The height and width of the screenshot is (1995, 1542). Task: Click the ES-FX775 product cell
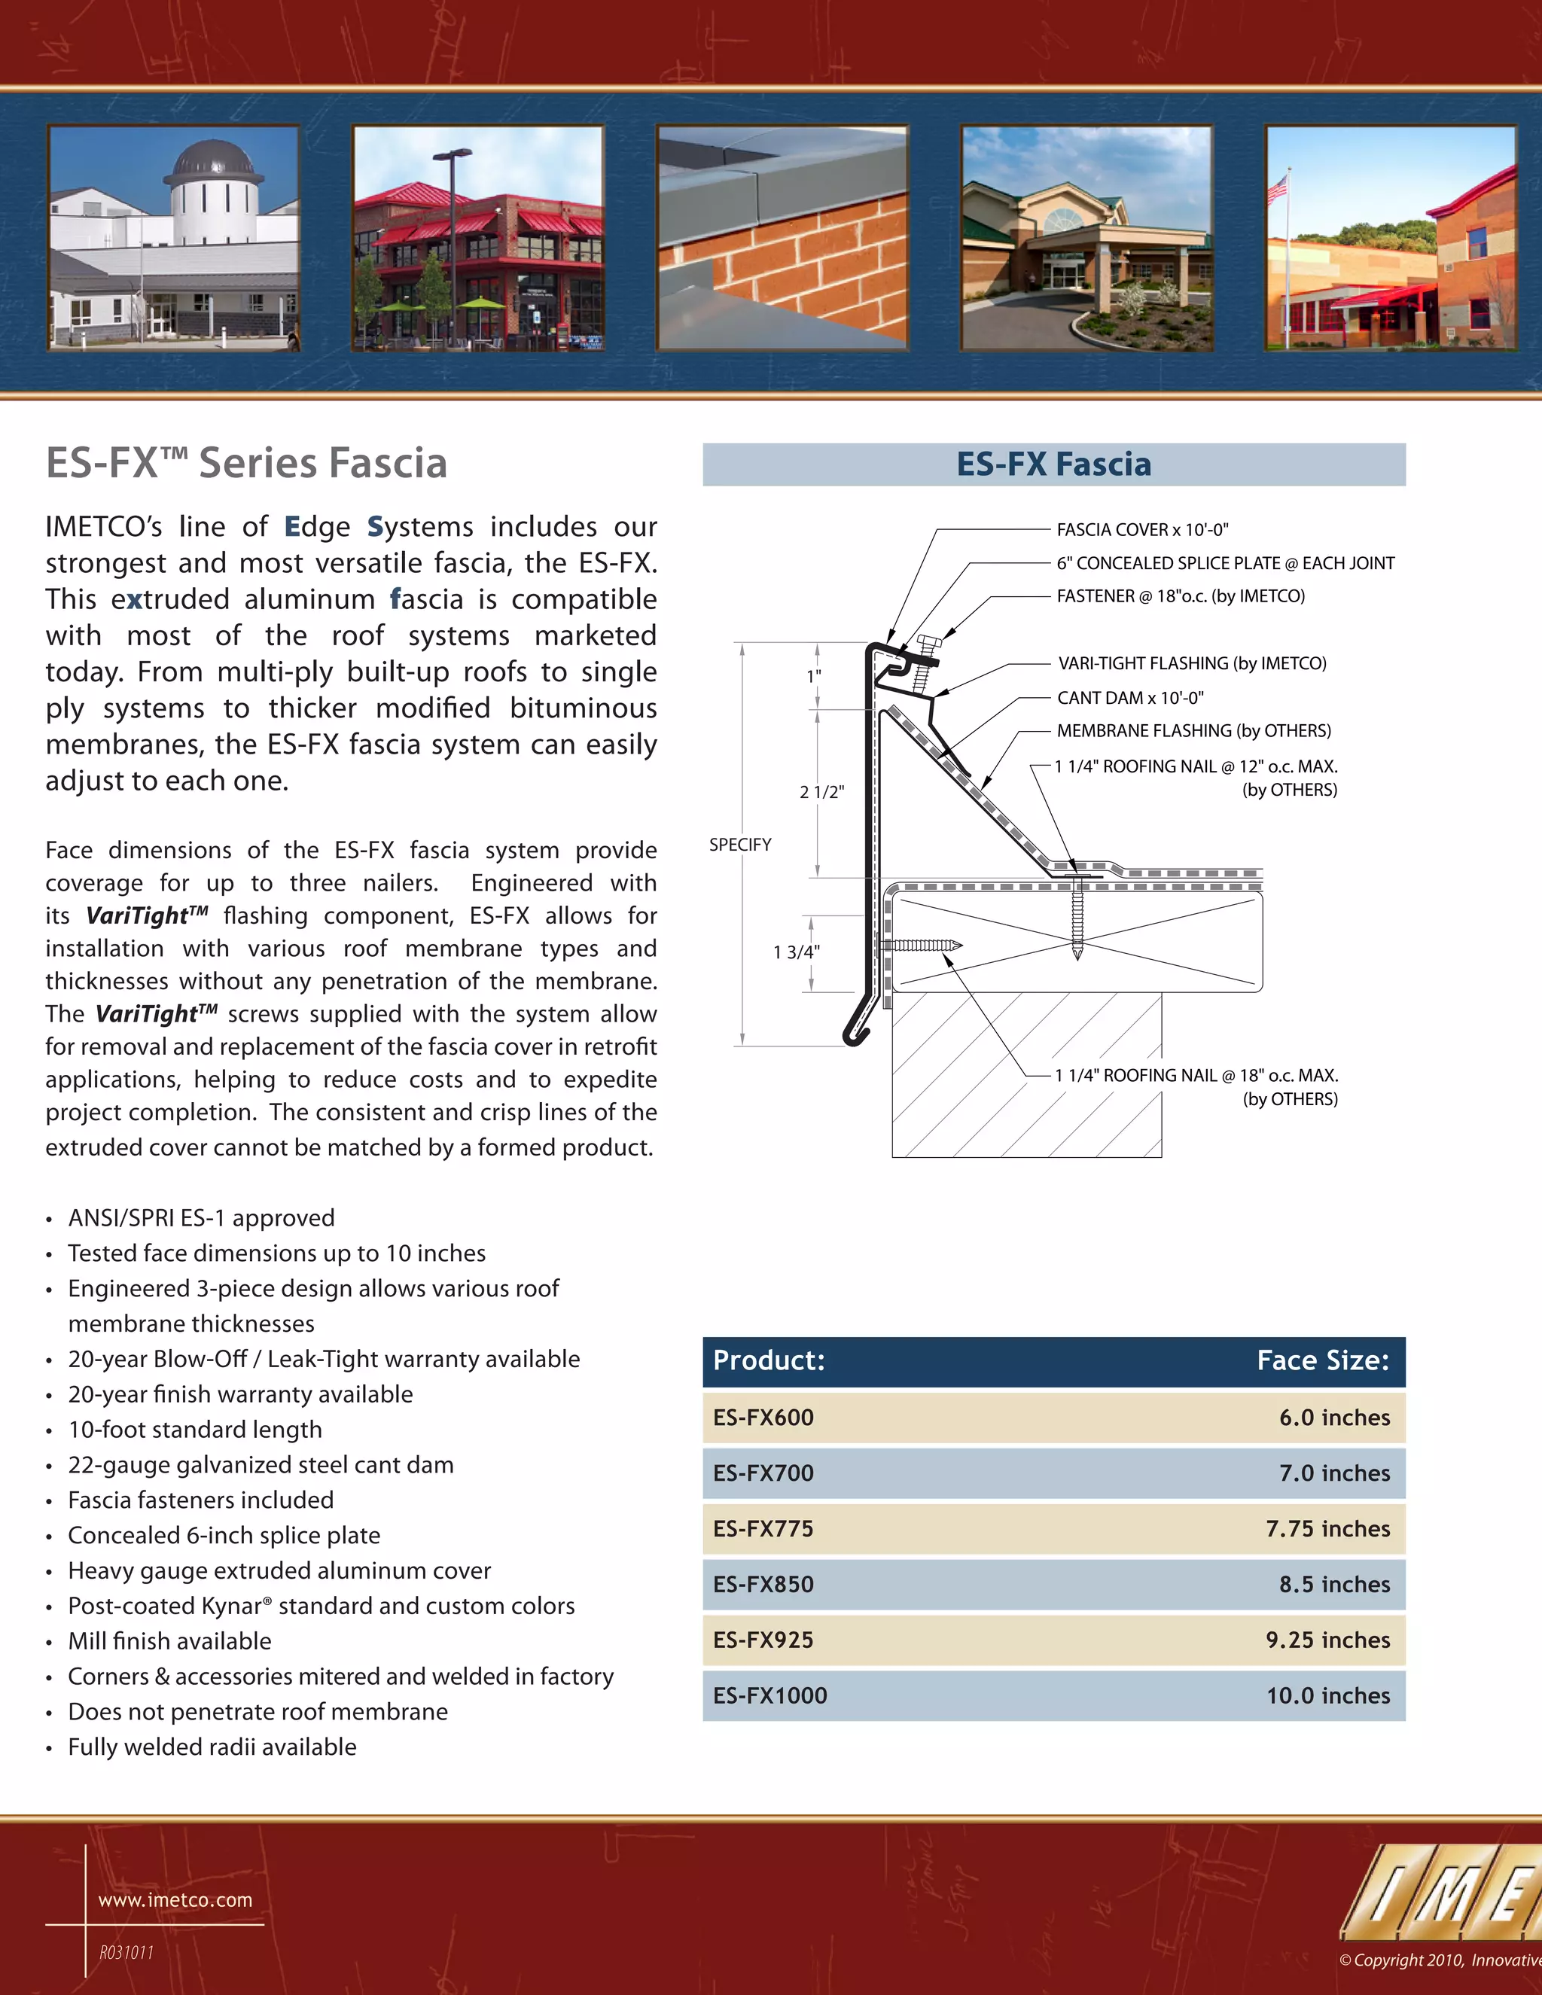[x=763, y=1528]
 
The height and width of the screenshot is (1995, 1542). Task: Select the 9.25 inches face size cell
[x=1327, y=1640]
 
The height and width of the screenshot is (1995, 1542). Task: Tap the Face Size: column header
[x=1322, y=1360]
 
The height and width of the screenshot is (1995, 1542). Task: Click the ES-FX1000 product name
[x=770, y=1695]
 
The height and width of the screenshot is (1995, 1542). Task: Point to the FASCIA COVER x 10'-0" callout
[x=1142, y=530]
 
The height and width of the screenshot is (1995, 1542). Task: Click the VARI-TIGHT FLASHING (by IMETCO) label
[x=1191, y=663]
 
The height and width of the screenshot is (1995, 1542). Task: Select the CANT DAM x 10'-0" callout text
[x=1130, y=698]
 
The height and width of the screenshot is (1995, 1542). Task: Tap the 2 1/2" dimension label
[x=821, y=792]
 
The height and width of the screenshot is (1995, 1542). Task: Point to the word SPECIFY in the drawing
[x=740, y=845]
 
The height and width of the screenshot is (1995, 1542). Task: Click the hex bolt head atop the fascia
[x=928, y=643]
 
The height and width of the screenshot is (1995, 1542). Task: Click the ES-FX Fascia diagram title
[x=1053, y=464]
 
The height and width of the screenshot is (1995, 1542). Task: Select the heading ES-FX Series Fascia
[x=247, y=463]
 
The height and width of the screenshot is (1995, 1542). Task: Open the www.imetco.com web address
[x=175, y=1900]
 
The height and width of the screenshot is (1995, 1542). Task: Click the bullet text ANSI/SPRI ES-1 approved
[x=201, y=1217]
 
